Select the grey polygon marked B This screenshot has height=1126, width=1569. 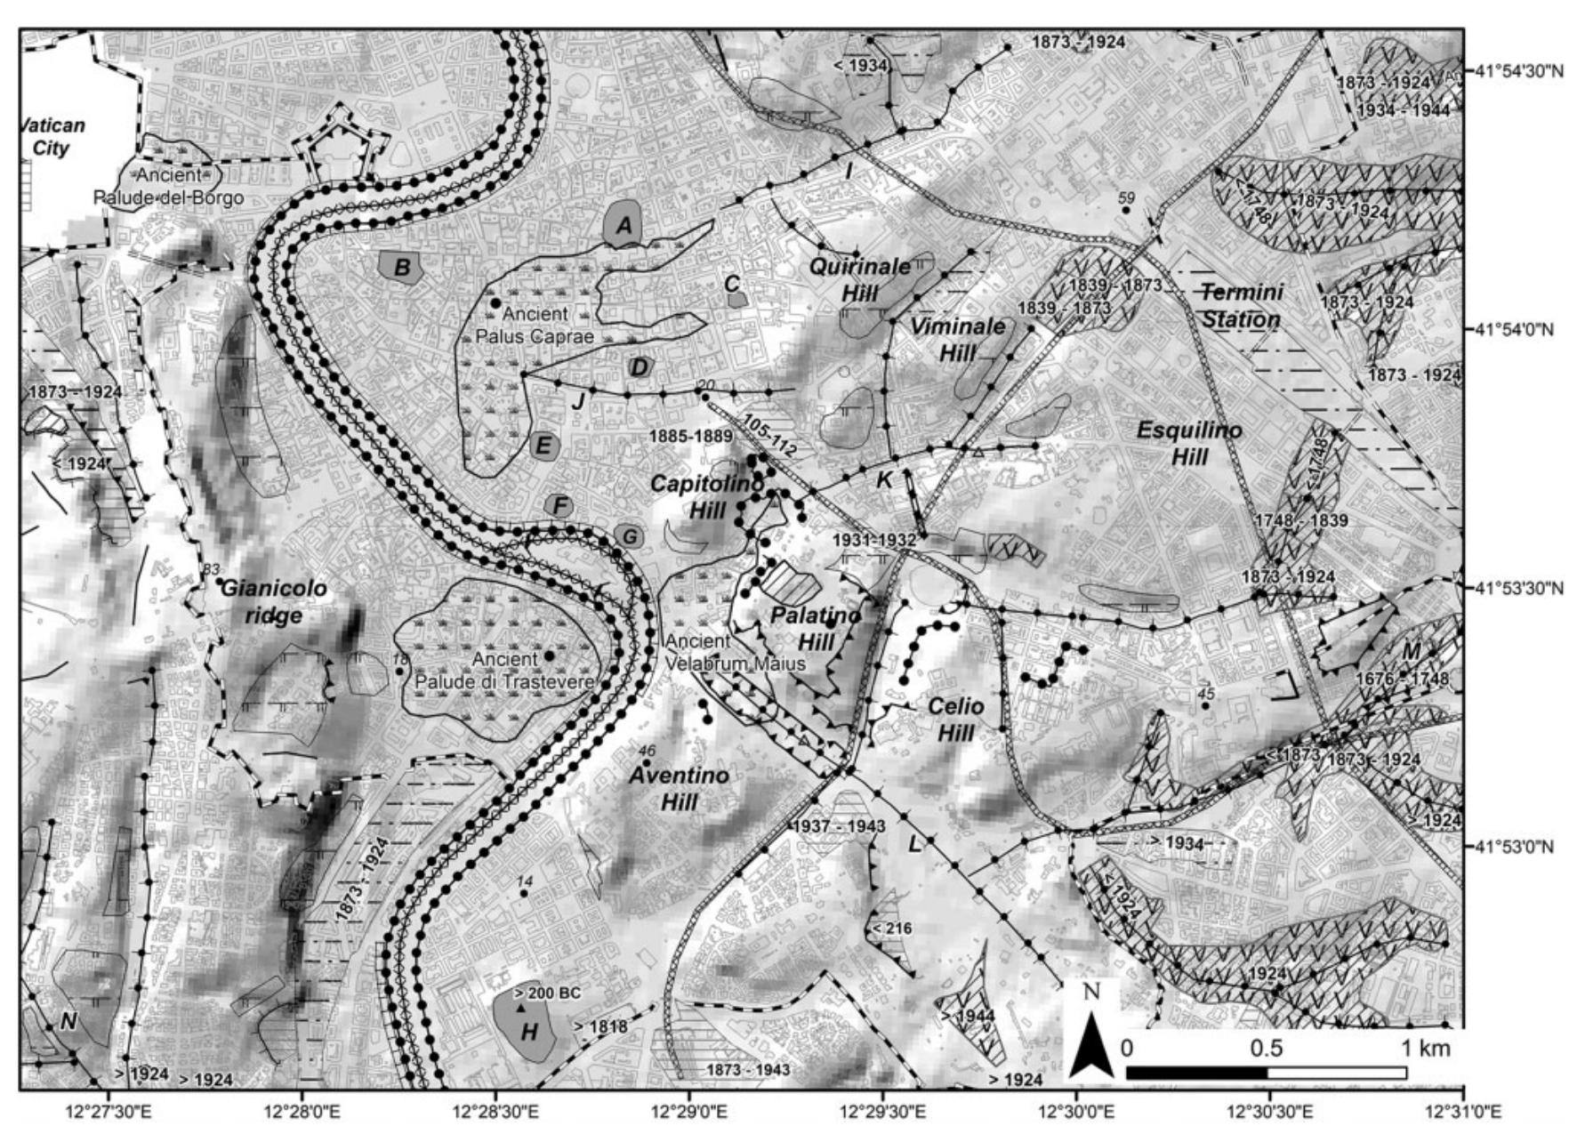pos(401,267)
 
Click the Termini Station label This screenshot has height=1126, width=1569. pos(1242,305)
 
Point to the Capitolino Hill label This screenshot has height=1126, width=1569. pos(707,496)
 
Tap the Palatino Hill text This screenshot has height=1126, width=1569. pos(816,628)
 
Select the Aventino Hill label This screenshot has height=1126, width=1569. pos(679,788)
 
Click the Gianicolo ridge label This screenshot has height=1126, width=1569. pos(273,601)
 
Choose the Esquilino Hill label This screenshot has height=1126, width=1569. pos(1189,443)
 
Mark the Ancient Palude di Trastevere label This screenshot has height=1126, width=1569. pos(504,670)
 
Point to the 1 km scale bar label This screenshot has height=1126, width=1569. pos(1426,1048)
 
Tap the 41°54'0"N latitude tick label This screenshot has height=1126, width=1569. pos(1514,329)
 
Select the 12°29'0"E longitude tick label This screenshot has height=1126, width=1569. pos(689,1111)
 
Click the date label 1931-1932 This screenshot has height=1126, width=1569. pos(873,540)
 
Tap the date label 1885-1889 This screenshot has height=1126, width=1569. pos(690,436)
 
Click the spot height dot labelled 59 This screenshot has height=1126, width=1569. pos(1126,211)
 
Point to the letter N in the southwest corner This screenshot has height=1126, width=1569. pos(69,1022)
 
